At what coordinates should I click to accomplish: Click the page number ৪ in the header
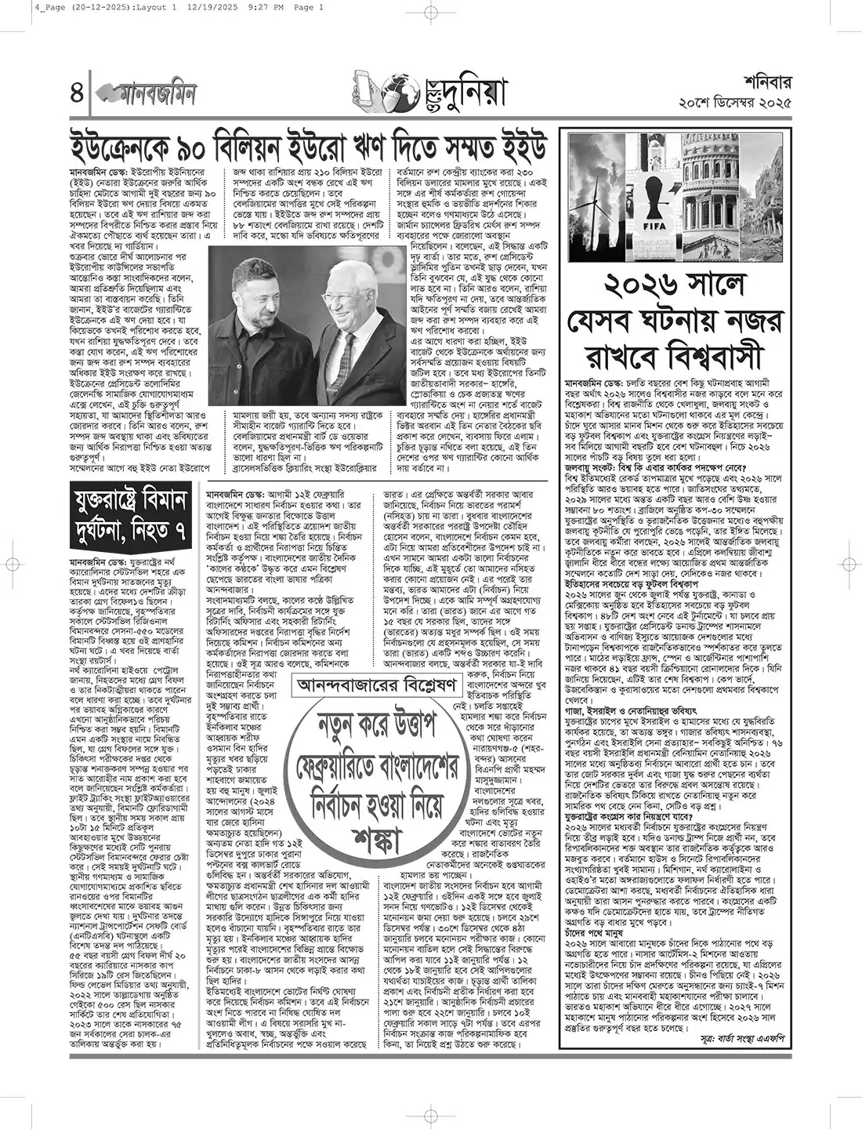76,93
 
